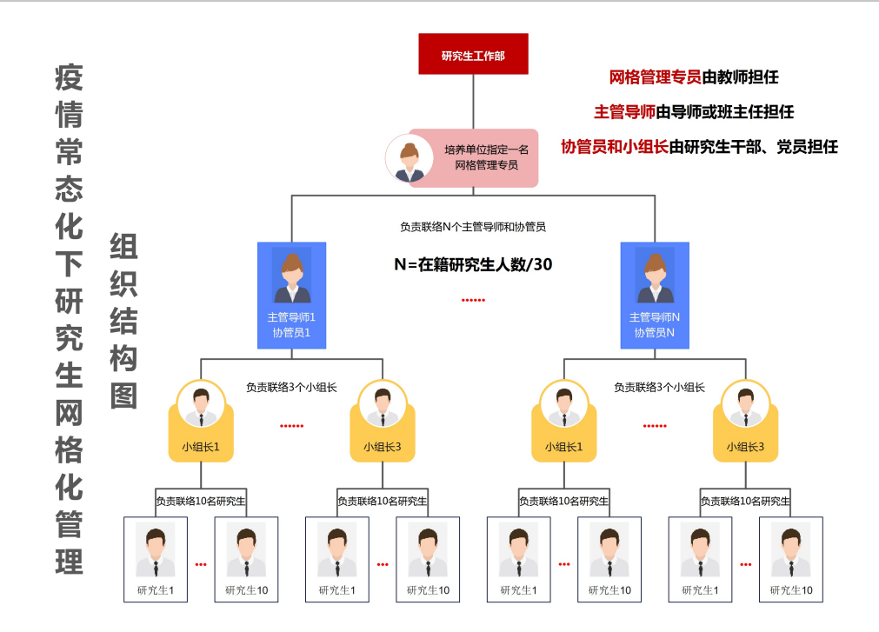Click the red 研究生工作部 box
click(x=473, y=54)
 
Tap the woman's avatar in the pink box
click(x=410, y=159)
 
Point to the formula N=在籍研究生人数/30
click(x=473, y=264)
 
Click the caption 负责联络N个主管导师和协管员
click(x=473, y=227)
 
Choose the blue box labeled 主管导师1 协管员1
click(x=291, y=296)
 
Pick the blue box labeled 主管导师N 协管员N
click(x=655, y=296)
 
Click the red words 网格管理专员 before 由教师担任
click(x=655, y=77)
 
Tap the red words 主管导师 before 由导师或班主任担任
click(x=624, y=111)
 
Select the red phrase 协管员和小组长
click(x=615, y=147)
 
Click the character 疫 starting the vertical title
click(x=70, y=78)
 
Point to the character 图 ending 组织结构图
click(x=124, y=396)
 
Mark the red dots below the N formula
click(x=473, y=300)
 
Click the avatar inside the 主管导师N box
click(x=655, y=276)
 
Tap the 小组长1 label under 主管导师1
click(x=201, y=448)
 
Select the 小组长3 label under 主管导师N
click(x=745, y=448)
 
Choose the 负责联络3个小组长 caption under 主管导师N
click(x=659, y=387)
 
